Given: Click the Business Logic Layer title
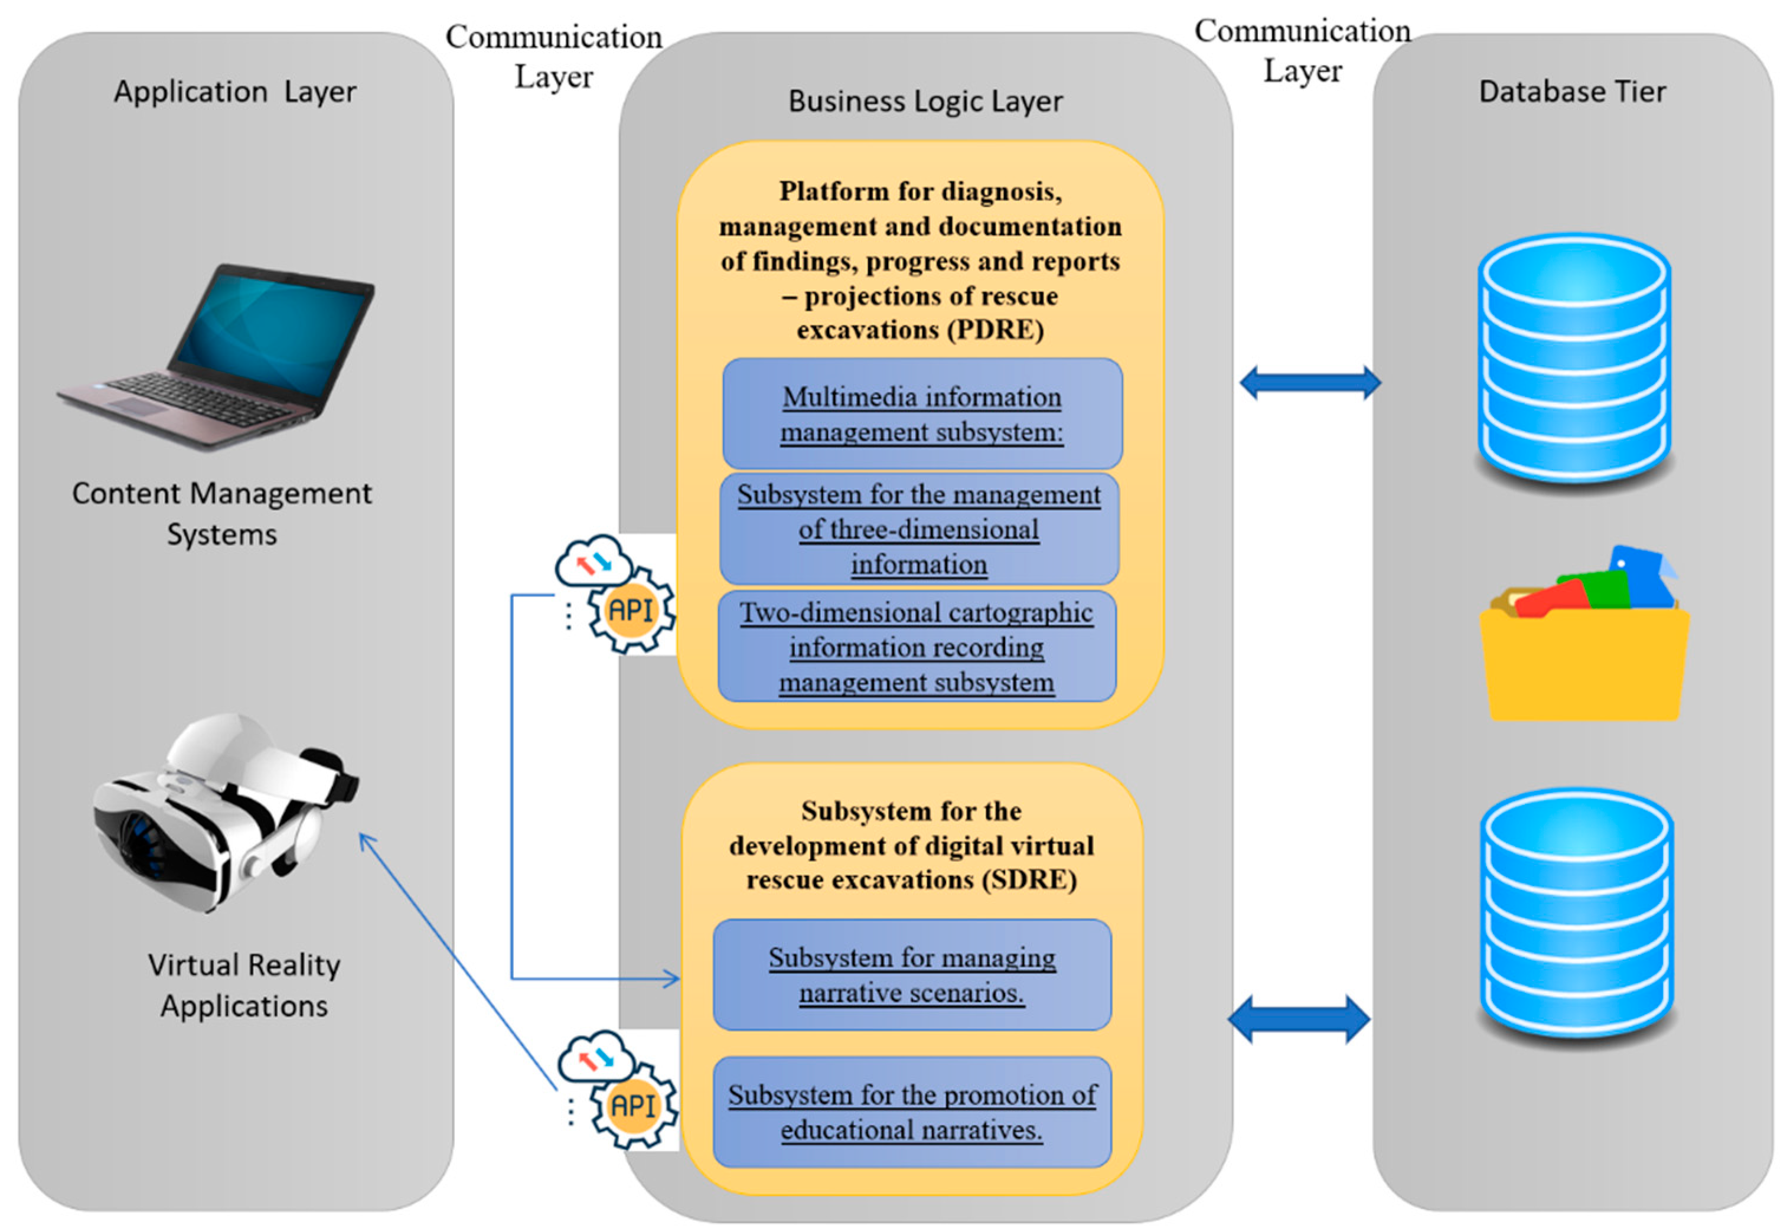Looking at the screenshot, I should [925, 101].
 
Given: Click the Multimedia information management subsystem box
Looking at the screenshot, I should [922, 414].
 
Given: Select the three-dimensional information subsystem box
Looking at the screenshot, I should [918, 530].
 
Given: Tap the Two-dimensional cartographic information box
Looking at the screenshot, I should [917, 647].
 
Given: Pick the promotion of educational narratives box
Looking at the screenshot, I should [912, 1112].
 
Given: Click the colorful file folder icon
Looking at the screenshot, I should [1584, 637].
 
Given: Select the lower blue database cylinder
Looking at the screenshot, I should [1576, 915].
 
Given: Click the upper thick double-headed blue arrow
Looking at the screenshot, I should [1310, 383].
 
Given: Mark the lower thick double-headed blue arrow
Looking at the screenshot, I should [1299, 1019].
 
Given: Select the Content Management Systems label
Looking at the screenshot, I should [221, 513].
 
